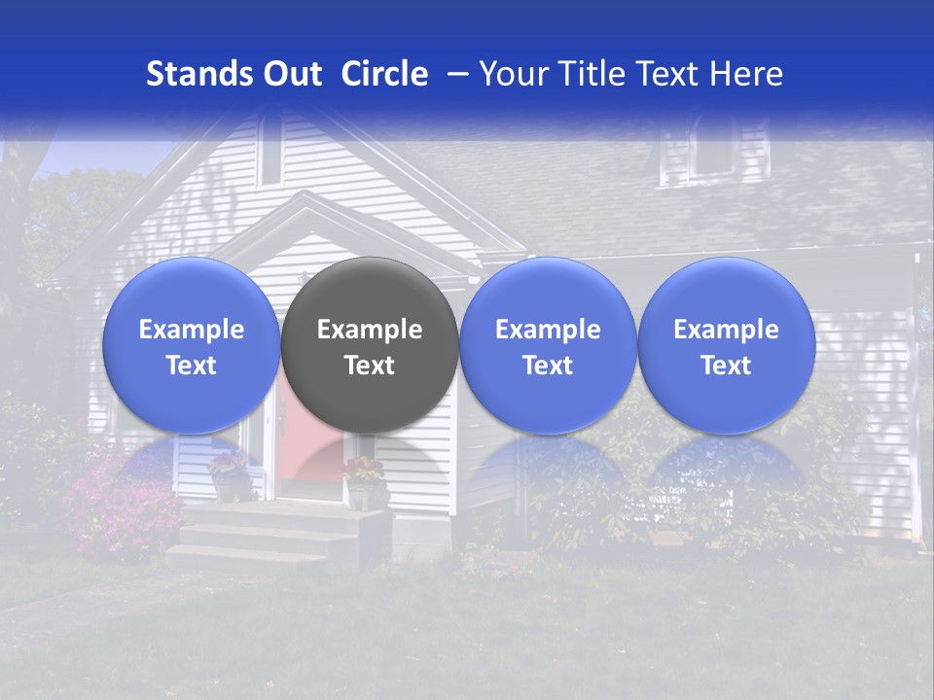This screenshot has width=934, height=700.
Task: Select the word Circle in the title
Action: pyautogui.click(x=384, y=74)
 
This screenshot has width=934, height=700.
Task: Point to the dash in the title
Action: pyautogui.click(x=453, y=75)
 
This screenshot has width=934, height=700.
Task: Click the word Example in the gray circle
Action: pyautogui.click(x=370, y=330)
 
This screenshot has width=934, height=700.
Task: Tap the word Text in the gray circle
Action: pyautogui.click(x=370, y=366)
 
